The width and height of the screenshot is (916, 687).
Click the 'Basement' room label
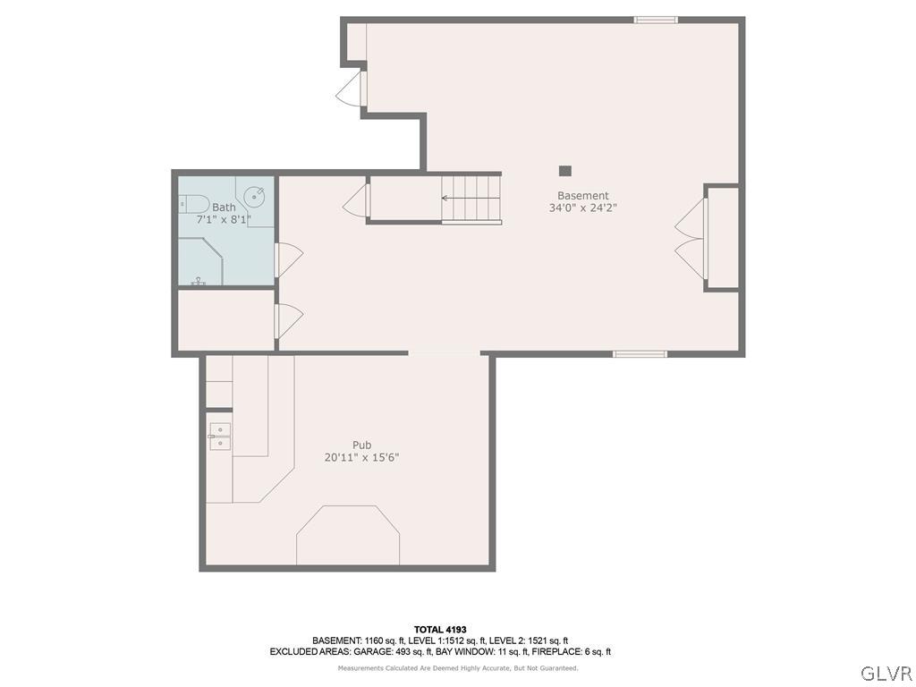582,196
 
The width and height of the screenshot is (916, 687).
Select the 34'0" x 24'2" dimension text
582,208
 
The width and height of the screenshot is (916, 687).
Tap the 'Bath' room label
224,207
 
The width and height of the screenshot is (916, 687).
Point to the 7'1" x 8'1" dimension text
224,219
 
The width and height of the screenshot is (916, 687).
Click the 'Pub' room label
361,445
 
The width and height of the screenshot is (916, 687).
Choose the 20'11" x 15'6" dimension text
361,457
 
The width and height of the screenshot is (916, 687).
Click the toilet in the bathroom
192,204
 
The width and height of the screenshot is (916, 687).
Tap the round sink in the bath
256,195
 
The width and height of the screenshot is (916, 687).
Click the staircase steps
471,199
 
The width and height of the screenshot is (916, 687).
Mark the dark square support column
564,171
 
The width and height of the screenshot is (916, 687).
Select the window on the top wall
656,20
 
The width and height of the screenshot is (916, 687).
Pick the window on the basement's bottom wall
640,354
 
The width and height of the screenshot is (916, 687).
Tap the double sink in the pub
219,437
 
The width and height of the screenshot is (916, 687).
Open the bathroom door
288,259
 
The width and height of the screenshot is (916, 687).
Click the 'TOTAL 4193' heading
439,630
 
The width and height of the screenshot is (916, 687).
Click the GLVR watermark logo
886,673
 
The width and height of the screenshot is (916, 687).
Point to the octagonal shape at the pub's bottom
348,535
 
